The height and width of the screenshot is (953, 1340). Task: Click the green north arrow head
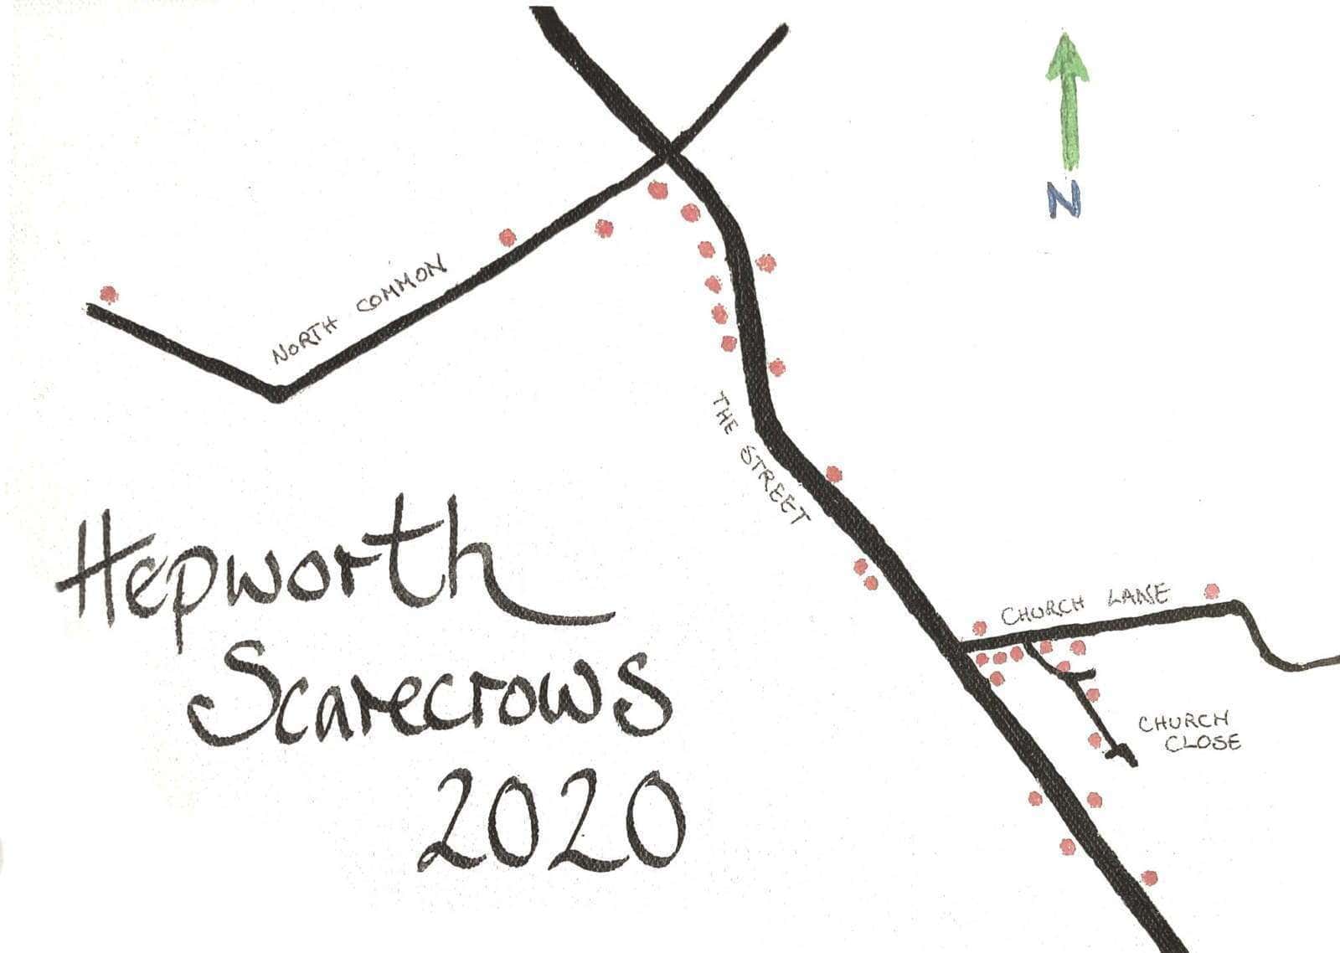tap(1067, 60)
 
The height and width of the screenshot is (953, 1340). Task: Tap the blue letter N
tap(1064, 200)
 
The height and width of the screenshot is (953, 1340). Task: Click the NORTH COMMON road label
tap(359, 310)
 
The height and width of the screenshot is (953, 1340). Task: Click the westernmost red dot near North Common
tap(107, 295)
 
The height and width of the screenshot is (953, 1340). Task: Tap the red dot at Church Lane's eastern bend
tap(1212, 591)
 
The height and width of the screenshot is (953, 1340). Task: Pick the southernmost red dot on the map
tap(1149, 878)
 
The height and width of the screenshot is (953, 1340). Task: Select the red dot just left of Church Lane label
tap(979, 627)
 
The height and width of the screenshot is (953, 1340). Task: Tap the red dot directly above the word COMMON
tap(508, 238)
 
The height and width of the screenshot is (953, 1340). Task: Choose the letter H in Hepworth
tap(96, 578)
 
